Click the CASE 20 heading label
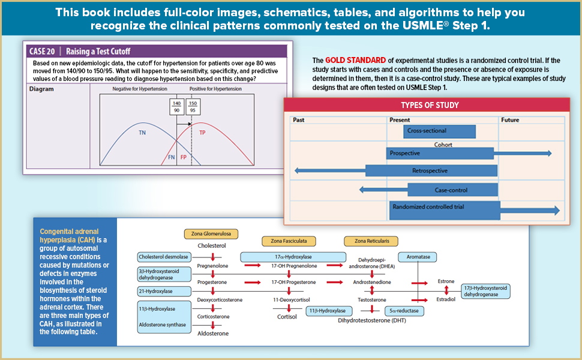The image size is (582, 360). point(44,51)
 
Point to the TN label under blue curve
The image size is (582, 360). point(142,132)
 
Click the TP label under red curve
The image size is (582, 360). point(202,132)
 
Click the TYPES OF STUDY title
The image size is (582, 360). point(430,106)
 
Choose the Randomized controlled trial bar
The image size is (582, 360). point(444,209)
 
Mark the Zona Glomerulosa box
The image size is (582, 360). point(212,233)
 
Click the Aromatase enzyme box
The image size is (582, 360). point(418,257)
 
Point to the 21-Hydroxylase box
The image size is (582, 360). point(156,292)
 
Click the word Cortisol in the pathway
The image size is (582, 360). point(286,317)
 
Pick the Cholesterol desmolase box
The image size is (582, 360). point(164,257)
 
